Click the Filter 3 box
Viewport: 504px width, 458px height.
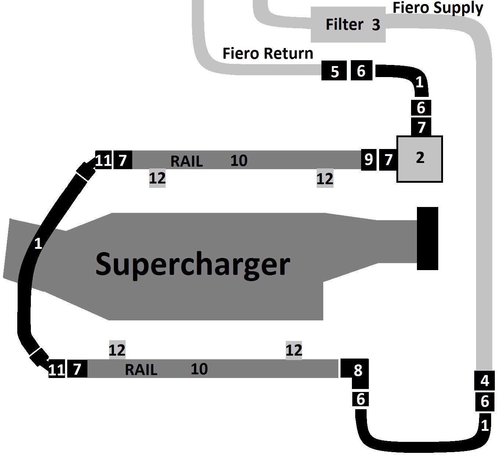348,25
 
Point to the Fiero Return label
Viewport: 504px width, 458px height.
268,54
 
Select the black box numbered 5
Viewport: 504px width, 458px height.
334,71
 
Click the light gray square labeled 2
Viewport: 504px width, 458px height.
420,159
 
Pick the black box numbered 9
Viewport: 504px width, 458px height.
368,159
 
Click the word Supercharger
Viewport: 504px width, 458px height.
192,264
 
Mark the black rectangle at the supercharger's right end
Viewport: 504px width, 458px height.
427,238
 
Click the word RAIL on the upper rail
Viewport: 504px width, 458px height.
187,161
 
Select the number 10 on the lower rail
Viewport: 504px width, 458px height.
199,369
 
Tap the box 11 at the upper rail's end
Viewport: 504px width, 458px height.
103,160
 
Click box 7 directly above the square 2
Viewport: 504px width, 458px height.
421,127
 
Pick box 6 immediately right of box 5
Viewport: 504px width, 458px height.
361,70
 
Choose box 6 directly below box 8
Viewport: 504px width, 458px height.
360,399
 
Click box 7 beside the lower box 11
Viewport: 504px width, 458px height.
77,369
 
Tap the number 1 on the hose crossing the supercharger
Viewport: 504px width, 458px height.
38,243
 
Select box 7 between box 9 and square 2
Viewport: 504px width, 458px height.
388,159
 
